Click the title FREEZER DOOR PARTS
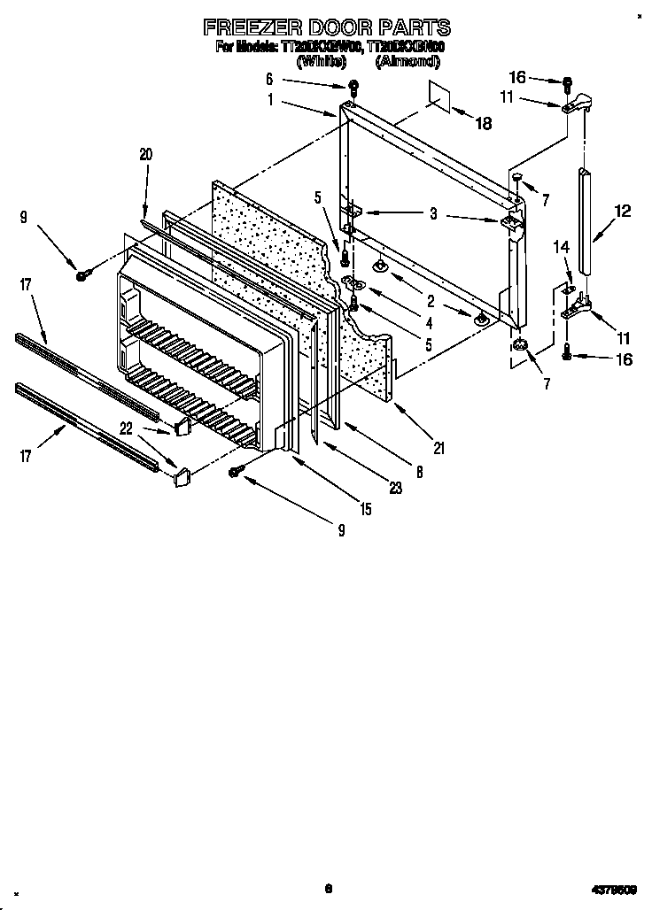point(327,27)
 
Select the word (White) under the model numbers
point(323,61)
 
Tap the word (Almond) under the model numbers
point(407,61)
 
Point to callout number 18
point(483,124)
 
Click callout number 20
point(146,154)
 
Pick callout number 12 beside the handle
point(623,211)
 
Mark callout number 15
point(366,509)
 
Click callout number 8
point(419,473)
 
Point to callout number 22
point(128,428)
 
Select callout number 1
point(270,100)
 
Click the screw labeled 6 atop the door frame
point(353,87)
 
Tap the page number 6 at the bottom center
point(327,889)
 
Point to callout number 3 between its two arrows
point(433,213)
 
